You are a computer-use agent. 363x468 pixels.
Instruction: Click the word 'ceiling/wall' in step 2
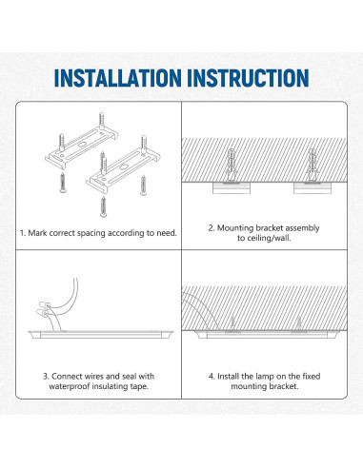pos(269,241)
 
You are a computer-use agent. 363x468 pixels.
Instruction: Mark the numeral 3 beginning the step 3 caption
pos(44,377)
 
